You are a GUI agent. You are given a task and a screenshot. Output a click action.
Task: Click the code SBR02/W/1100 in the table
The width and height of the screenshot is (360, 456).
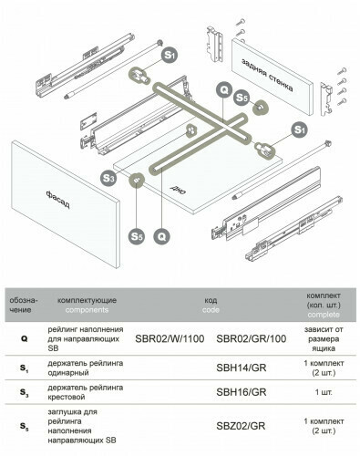coord(170,338)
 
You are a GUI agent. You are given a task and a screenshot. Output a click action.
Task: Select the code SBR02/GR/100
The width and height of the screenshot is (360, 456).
coord(252,338)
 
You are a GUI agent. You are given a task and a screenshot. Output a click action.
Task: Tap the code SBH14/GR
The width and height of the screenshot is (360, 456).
coord(242,368)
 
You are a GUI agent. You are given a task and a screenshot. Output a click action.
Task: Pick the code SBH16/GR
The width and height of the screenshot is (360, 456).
coord(242,392)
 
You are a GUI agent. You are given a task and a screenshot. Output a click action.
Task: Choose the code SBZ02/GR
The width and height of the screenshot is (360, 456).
coord(241,426)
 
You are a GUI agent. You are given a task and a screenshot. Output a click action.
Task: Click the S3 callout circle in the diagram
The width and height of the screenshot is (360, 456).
coord(108,178)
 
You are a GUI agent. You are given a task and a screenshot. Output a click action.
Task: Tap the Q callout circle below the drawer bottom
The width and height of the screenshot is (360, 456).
coord(162,236)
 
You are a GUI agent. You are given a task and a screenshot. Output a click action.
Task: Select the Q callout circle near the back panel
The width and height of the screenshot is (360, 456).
coord(224,90)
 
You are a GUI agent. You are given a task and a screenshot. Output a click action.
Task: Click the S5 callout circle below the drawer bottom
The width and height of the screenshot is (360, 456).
coord(137,236)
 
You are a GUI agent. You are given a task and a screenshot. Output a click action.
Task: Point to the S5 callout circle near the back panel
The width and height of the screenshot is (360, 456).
coord(242,98)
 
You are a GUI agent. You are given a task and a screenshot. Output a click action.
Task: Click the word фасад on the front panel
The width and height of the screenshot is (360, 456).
coord(58,200)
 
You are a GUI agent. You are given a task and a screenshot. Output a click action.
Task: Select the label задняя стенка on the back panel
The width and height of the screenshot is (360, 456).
coord(267,75)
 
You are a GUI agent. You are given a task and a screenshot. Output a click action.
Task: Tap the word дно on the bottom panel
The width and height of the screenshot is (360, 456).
coord(178,190)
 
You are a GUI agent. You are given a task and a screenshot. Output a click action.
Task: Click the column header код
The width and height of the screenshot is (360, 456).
coord(211,300)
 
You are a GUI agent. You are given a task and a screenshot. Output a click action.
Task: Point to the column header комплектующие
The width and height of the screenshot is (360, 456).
coord(87,300)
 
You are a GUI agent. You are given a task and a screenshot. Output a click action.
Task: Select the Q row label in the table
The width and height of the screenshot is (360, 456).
coord(25,338)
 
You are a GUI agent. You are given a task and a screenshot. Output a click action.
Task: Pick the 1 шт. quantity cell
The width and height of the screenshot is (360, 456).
coord(324,392)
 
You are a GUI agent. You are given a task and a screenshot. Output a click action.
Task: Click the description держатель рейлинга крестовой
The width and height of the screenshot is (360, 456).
coord(86,392)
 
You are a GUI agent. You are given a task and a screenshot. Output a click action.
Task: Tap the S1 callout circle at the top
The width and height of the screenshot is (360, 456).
coord(170,55)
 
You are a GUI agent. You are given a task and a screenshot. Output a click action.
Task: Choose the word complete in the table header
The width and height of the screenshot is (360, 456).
coord(324,315)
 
